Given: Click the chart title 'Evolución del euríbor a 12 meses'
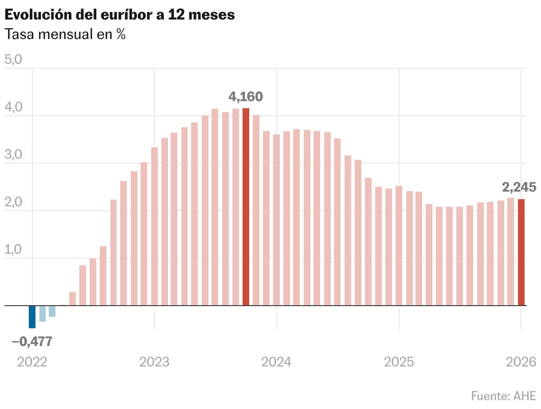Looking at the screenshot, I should pyautogui.click(x=119, y=15).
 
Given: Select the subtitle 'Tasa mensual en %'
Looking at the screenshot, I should pyautogui.click(x=65, y=34).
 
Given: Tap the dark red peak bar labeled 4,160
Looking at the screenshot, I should pyautogui.click(x=246, y=207).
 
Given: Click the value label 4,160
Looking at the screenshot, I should pyautogui.click(x=246, y=96).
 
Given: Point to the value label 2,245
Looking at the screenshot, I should pyautogui.click(x=519, y=187).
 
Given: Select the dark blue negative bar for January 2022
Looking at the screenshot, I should pyautogui.click(x=32, y=317).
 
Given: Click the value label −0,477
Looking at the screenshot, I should pyautogui.click(x=32, y=342).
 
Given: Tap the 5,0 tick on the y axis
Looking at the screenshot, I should pyautogui.click(x=13, y=60).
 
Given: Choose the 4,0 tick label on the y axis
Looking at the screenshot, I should pyautogui.click(x=13, y=107).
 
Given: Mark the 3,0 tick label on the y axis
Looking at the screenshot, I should pyautogui.click(x=13, y=155).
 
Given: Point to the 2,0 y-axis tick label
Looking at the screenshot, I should pyautogui.click(x=13, y=202).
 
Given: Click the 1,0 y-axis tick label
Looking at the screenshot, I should pyautogui.click(x=13, y=250).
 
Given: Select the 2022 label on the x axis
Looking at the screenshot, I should pyautogui.click(x=32, y=362).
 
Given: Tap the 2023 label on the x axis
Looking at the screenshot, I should pyautogui.click(x=154, y=362).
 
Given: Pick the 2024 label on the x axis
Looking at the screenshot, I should pyautogui.click(x=276, y=362).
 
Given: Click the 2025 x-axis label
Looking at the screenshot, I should pyautogui.click(x=399, y=362).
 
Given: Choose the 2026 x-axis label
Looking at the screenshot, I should pyautogui.click(x=521, y=362).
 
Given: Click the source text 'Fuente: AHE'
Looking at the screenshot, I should pyautogui.click(x=503, y=395).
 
